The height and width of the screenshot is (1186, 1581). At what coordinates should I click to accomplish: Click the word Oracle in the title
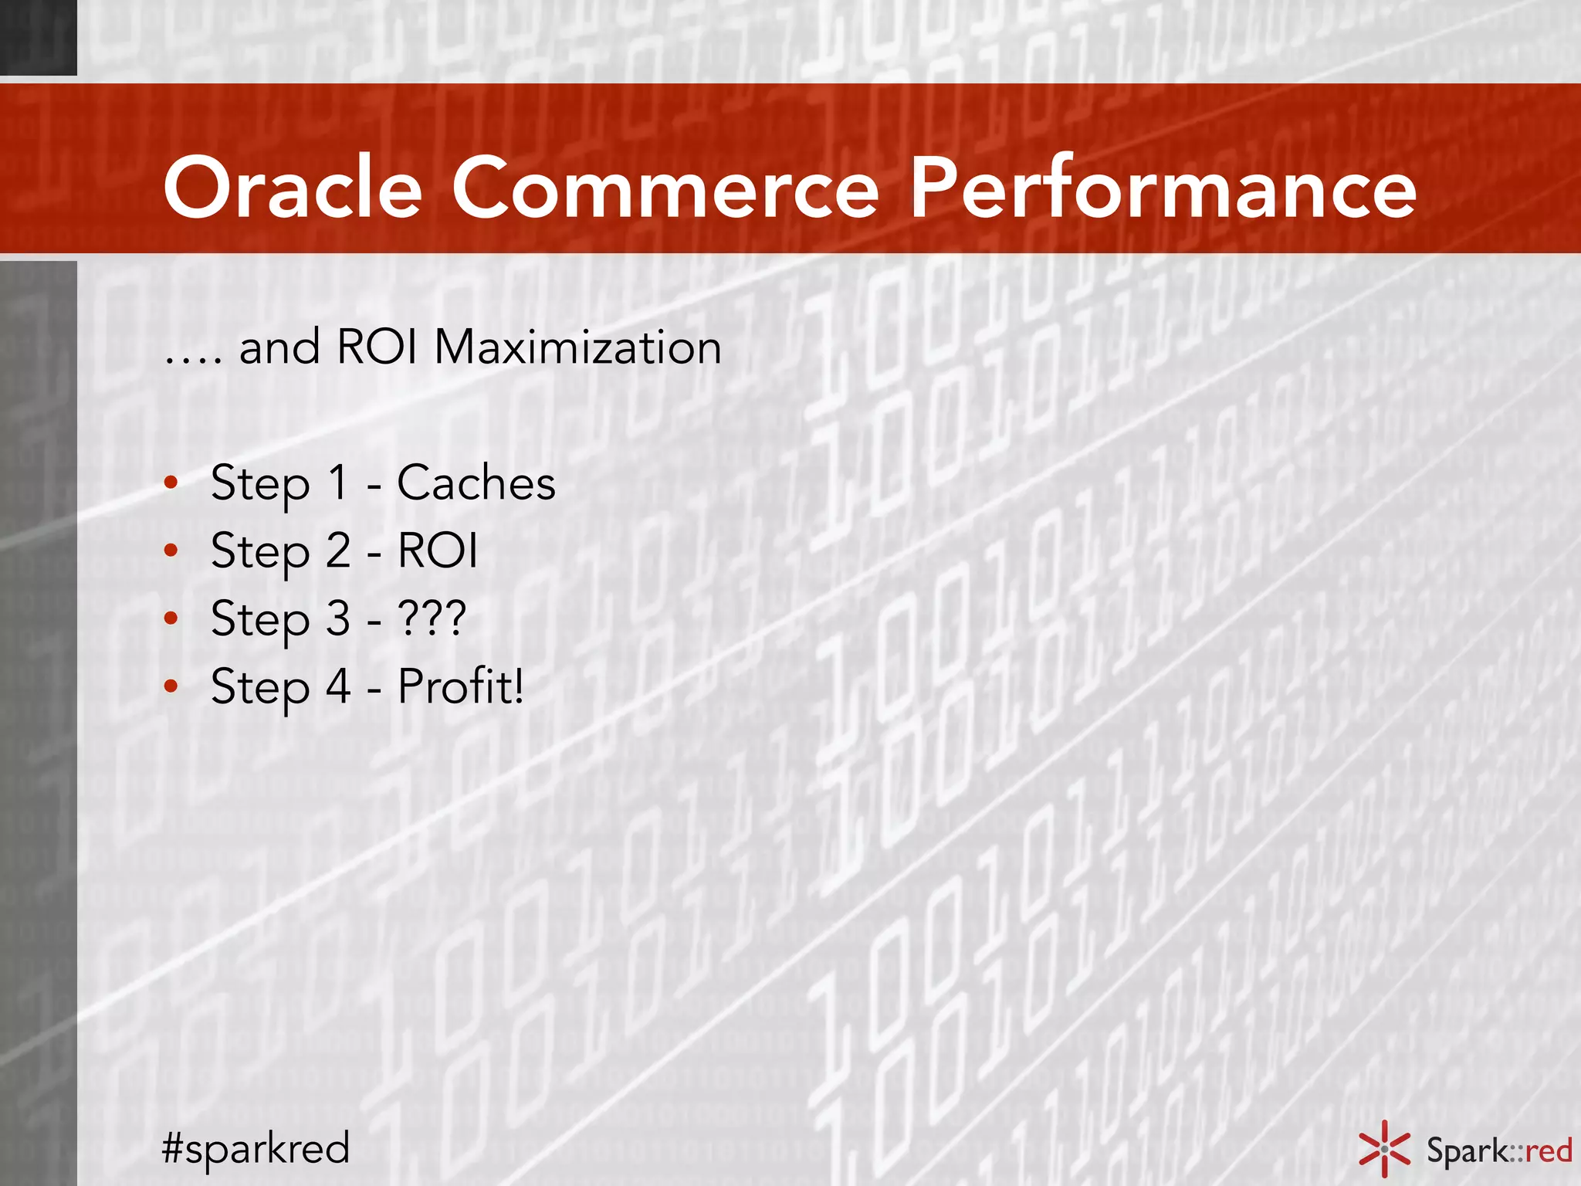(x=293, y=188)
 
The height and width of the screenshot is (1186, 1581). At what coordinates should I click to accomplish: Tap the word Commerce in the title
(x=665, y=188)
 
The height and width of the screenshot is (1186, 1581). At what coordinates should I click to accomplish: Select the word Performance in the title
(x=1162, y=188)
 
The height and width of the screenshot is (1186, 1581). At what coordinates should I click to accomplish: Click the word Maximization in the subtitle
(x=577, y=347)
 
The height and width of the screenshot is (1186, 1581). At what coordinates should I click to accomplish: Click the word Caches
(x=476, y=483)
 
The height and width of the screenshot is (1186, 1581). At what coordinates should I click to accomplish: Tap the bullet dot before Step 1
(x=171, y=483)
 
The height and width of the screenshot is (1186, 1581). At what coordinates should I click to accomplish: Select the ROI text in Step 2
(x=437, y=551)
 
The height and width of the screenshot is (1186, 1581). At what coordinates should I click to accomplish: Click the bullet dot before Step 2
(x=171, y=551)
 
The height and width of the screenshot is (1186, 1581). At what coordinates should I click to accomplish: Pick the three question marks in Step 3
(x=432, y=618)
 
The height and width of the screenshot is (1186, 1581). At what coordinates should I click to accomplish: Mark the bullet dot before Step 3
(x=171, y=618)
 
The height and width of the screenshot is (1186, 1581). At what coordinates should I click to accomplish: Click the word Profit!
(x=461, y=686)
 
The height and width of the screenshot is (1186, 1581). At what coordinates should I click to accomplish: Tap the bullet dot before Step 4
(x=171, y=686)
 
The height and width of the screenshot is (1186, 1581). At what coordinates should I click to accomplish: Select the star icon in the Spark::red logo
(x=1384, y=1149)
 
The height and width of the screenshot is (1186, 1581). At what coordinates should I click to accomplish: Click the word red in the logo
(x=1549, y=1150)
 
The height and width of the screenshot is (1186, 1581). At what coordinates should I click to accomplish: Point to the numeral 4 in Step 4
(x=338, y=686)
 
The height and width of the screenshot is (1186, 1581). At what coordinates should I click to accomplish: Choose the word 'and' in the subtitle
(x=279, y=347)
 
